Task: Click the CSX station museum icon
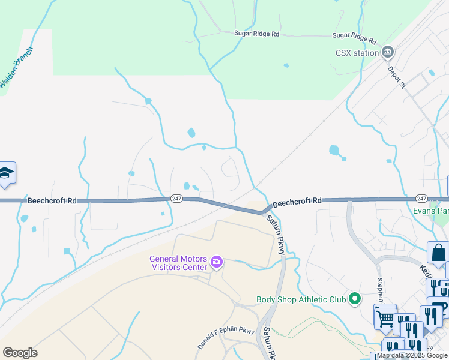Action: click(x=388, y=52)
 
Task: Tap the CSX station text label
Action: click(x=357, y=53)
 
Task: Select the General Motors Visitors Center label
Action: click(x=178, y=263)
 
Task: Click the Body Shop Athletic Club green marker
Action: click(x=355, y=298)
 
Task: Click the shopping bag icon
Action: click(x=438, y=253)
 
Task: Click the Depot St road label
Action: click(x=397, y=77)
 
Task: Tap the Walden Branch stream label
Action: click(x=16, y=68)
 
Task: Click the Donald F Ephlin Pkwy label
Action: click(x=226, y=339)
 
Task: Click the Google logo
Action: click(x=20, y=353)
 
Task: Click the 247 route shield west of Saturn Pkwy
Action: click(x=176, y=199)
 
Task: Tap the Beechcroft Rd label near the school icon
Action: click(x=52, y=200)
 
